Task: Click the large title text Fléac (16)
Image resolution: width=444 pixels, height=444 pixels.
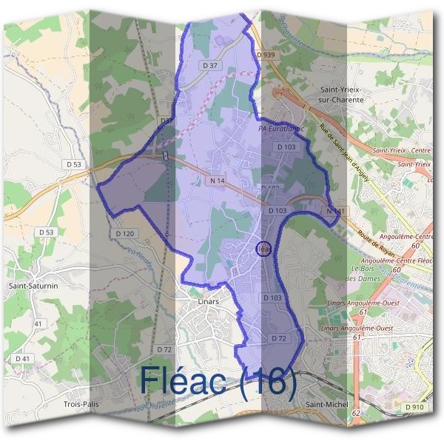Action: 218,381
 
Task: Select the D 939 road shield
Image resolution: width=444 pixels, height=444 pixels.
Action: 266,55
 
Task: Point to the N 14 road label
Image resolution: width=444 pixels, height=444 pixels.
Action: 217,180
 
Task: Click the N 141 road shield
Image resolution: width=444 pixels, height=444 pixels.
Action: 334,212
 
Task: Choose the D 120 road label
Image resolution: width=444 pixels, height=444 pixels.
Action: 125,233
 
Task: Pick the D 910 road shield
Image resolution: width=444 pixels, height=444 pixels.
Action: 414,406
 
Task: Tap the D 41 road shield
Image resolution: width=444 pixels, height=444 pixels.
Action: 23,358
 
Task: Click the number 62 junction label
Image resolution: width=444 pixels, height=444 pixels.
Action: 356,413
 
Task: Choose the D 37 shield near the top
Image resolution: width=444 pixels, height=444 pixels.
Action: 209,65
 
